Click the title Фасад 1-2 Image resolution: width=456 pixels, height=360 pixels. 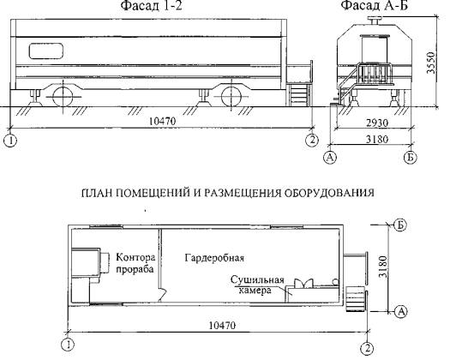(x=151, y=5)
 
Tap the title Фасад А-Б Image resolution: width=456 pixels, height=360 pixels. (x=375, y=5)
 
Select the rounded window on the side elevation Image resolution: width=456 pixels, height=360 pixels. (x=46, y=51)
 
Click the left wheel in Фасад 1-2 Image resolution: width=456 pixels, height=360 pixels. (x=63, y=97)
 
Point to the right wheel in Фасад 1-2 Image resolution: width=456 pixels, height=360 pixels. (x=231, y=97)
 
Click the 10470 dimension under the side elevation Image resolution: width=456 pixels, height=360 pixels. (x=163, y=121)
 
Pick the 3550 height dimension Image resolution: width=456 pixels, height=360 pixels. (x=431, y=63)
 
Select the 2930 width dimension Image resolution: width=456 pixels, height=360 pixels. (x=377, y=123)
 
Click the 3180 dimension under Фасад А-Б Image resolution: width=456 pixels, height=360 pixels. (x=377, y=140)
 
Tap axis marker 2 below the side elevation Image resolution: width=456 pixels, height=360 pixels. (x=312, y=141)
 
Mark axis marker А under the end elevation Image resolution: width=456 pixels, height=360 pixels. (x=330, y=158)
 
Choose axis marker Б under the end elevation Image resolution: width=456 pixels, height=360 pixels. (x=411, y=158)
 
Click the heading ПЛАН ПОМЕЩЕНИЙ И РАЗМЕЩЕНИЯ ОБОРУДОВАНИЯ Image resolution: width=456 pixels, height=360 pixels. (x=228, y=193)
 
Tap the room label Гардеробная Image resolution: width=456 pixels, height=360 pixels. (x=214, y=258)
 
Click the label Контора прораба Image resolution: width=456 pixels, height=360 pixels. (x=135, y=263)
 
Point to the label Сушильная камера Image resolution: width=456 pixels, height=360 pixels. (x=257, y=285)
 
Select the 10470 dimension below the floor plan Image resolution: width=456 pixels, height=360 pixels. (x=223, y=325)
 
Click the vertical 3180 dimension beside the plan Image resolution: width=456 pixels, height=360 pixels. (x=382, y=267)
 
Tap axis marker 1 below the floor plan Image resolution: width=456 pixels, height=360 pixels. (x=68, y=345)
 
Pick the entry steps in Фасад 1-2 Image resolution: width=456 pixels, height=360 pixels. (x=298, y=94)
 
